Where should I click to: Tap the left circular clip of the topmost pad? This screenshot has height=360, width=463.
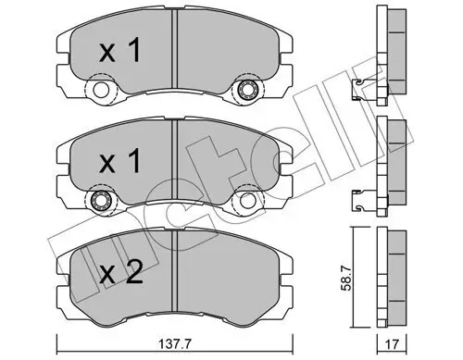click(96, 91)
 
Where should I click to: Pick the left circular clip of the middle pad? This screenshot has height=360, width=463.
click(96, 202)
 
